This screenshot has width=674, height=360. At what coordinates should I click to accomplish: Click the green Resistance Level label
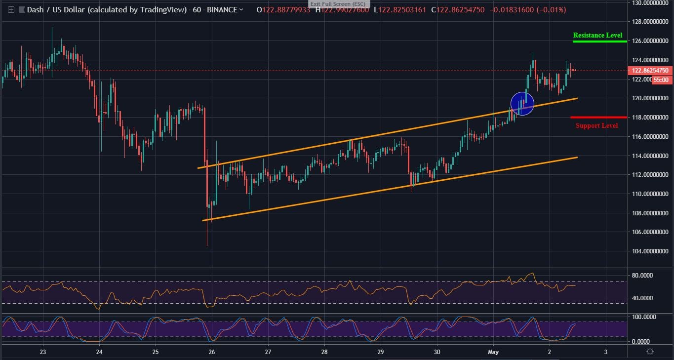click(x=597, y=36)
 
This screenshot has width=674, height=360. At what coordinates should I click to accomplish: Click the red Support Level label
click(x=596, y=125)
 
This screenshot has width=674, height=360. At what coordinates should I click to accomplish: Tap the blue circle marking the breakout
click(x=522, y=104)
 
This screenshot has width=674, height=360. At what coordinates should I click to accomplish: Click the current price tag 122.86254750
click(x=650, y=71)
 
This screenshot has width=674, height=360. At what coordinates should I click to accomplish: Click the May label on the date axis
click(x=494, y=352)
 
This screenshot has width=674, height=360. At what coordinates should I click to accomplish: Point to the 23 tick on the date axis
click(x=43, y=352)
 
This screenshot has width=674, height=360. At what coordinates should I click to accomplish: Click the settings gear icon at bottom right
click(x=650, y=351)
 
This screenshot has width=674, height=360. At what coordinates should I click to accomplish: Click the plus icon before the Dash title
click(x=11, y=10)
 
